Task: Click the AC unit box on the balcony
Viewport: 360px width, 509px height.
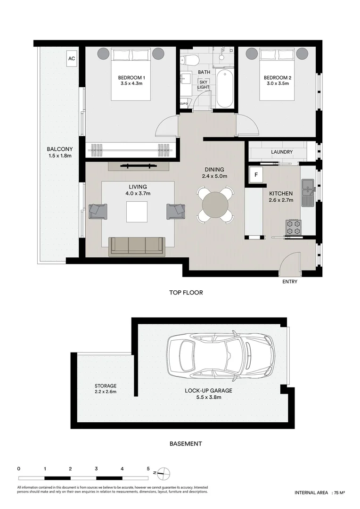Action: click(x=72, y=58)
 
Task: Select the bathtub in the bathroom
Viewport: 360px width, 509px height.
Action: click(x=225, y=88)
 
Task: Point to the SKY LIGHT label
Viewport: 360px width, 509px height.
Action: click(x=204, y=85)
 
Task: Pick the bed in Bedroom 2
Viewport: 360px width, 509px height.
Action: click(x=277, y=74)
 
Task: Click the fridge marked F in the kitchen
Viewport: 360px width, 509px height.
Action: click(x=256, y=175)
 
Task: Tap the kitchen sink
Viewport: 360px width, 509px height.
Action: click(x=307, y=193)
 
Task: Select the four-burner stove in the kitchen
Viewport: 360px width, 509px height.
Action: click(x=294, y=227)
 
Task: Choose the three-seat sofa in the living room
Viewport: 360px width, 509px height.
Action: click(x=137, y=246)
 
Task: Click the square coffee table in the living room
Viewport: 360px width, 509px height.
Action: click(x=137, y=212)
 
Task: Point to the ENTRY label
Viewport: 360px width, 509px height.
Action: click(x=290, y=281)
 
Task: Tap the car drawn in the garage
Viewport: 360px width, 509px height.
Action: click(x=221, y=356)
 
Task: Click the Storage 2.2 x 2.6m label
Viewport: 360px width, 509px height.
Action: click(x=106, y=388)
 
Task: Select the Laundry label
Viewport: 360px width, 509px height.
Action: click(x=282, y=152)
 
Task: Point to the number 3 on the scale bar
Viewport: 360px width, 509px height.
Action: click(x=97, y=468)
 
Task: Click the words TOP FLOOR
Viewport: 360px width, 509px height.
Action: click(x=186, y=293)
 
